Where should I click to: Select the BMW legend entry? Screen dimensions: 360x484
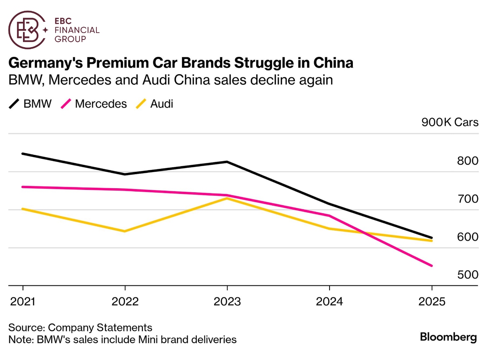pyautogui.click(x=30, y=104)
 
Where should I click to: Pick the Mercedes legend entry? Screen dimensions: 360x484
pyautogui.click(x=94, y=104)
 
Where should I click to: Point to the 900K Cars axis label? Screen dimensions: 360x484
pyautogui.click(x=450, y=122)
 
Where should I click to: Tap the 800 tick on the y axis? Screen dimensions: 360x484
pyautogui.click(x=467, y=161)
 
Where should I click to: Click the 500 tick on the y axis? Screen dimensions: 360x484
pyautogui.click(x=467, y=275)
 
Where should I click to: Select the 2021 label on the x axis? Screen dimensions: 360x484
pyautogui.click(x=23, y=302)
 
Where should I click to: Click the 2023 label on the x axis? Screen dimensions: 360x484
pyautogui.click(x=227, y=302)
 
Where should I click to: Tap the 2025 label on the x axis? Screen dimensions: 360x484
pyautogui.click(x=432, y=302)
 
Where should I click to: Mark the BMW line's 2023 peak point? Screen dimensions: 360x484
pyautogui.click(x=227, y=162)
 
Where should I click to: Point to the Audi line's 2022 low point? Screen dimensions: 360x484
pyautogui.click(x=125, y=231)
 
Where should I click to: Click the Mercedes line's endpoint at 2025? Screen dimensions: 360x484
pyautogui.click(x=432, y=266)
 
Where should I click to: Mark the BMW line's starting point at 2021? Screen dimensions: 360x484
pyautogui.click(x=23, y=154)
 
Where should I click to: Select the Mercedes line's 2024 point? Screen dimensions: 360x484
pyautogui.click(x=330, y=216)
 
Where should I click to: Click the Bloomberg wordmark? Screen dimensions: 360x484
pyautogui.click(x=448, y=337)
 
